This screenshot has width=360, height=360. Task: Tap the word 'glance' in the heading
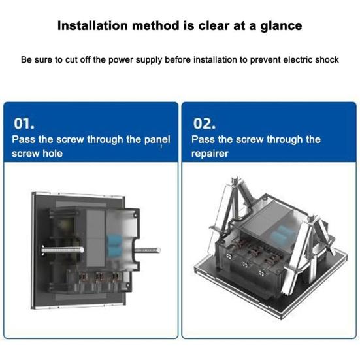pyautogui.click(x=279, y=26)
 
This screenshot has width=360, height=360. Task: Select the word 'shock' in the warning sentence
pyautogui.click(x=325, y=60)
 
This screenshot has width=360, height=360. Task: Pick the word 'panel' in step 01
pyautogui.click(x=156, y=139)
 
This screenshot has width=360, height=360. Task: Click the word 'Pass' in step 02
pyautogui.click(x=203, y=139)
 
